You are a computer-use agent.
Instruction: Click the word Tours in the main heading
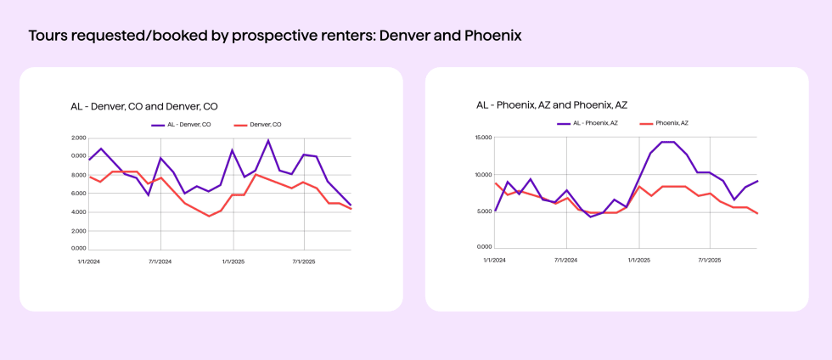pyautogui.click(x=46, y=37)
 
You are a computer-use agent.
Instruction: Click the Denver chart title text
pyautogui.click(x=143, y=106)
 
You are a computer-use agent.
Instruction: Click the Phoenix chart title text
pyautogui.click(x=551, y=105)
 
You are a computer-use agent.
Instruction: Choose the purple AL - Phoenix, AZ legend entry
pyautogui.click(x=589, y=123)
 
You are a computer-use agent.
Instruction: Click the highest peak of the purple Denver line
pyautogui.click(x=268, y=141)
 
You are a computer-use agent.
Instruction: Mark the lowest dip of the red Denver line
pyautogui.click(x=209, y=216)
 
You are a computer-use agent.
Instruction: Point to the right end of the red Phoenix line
pyautogui.click(x=757, y=213)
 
